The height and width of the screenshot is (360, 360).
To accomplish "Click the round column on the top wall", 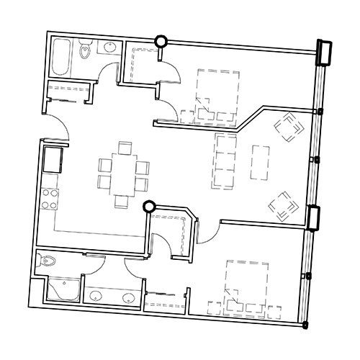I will tap(162, 42).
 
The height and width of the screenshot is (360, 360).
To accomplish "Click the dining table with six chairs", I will tap(124, 174).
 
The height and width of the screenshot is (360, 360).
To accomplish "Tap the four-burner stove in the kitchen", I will tap(50, 198).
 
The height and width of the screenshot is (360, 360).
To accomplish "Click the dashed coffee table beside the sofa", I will tap(260, 161).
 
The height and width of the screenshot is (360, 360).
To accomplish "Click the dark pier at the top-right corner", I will tap(323, 53).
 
